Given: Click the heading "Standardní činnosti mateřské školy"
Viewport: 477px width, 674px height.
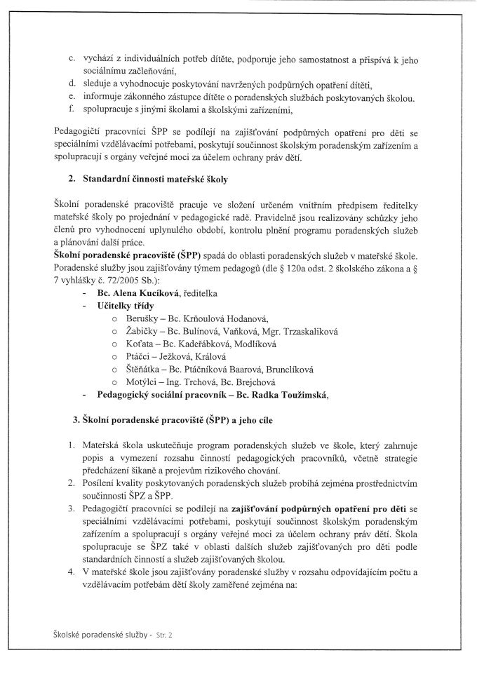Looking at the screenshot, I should click(155, 180).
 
